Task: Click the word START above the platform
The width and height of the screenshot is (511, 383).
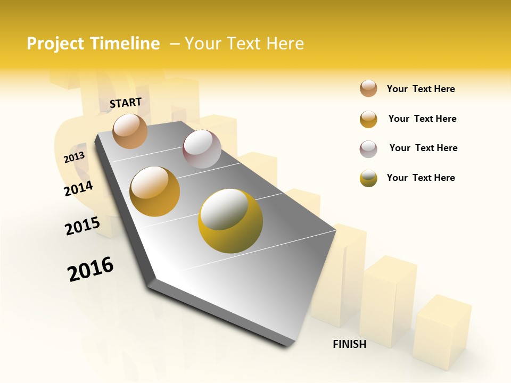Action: [126, 103]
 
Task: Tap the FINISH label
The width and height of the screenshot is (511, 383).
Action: [349, 344]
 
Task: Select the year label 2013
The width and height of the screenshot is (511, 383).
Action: [74, 157]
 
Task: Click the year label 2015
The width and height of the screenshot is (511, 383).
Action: [83, 226]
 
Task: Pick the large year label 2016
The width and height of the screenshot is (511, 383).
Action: [90, 269]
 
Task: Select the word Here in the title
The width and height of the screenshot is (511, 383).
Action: [285, 44]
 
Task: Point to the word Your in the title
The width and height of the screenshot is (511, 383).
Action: [202, 44]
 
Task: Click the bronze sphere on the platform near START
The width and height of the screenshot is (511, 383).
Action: [130, 131]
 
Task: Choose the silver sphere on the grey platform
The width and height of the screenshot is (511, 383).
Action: [202, 149]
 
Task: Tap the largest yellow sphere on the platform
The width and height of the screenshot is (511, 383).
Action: [230, 221]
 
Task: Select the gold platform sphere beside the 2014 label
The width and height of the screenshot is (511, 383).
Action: [155, 191]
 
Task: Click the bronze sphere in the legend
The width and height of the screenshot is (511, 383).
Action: [368, 88]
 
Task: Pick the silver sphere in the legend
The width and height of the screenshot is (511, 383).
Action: [368, 149]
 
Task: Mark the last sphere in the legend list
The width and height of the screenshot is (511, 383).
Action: [368, 178]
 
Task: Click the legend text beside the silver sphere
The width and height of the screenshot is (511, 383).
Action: [423, 148]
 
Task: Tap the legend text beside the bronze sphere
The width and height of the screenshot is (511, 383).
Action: [421, 89]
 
